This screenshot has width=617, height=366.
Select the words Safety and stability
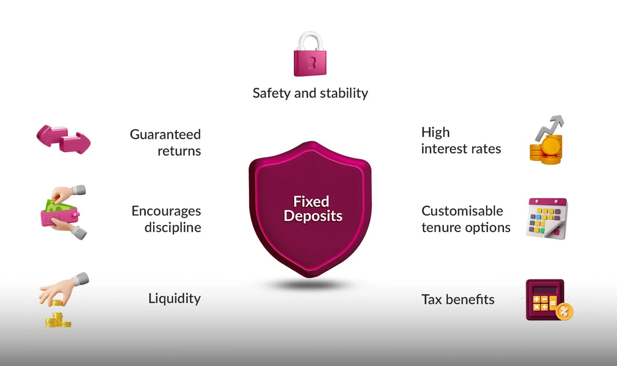pos(310,93)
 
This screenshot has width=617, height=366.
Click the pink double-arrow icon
pos(64,139)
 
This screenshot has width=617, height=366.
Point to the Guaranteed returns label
pos(166,142)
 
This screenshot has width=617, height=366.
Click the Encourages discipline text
pos(167,219)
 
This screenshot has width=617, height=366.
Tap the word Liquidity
pos(174,298)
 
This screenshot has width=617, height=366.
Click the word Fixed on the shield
pos(311,201)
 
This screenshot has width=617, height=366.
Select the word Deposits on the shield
pos(313,216)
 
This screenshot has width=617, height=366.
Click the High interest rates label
pos(461,141)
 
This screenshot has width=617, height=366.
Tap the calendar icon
pos(547,219)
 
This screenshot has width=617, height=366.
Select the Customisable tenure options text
pos(465,219)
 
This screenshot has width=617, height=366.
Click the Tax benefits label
pos(458,299)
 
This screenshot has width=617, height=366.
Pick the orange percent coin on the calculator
pos(564,311)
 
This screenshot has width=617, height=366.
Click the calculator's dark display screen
pos(545,290)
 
